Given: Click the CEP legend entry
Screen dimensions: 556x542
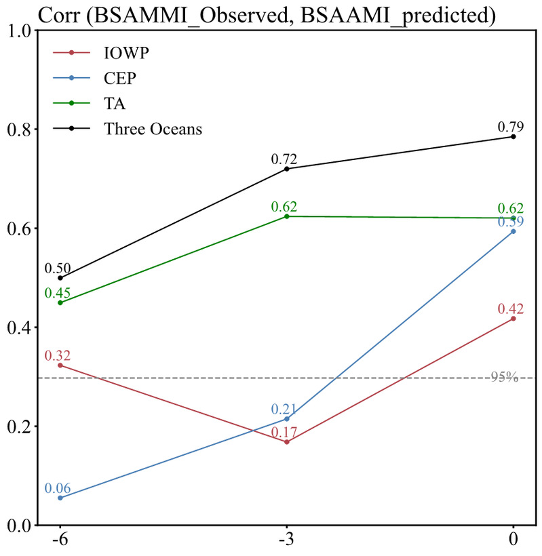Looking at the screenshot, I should pos(120,78).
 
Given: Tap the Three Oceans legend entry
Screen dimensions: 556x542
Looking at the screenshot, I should pos(153,129).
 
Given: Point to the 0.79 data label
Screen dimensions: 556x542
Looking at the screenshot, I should pos(513,126).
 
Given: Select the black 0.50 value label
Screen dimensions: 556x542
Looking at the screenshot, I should pos(58,269).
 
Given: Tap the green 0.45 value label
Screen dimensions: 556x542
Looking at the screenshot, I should pos(58,293).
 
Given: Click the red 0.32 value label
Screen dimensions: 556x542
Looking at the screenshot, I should pos(58,355).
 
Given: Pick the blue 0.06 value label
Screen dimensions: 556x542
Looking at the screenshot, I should pos(58,488).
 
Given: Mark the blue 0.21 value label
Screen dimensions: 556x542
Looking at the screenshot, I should pos(285,409).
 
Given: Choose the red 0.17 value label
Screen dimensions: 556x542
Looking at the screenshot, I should pos(285,431).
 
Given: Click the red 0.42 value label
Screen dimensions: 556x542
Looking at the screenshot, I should pos(513,309).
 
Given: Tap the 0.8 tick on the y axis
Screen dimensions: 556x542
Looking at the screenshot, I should pos(22,130).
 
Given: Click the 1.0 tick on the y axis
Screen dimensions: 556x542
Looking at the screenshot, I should pos(22,31).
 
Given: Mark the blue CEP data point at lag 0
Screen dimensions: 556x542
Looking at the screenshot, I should pos(514,231).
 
